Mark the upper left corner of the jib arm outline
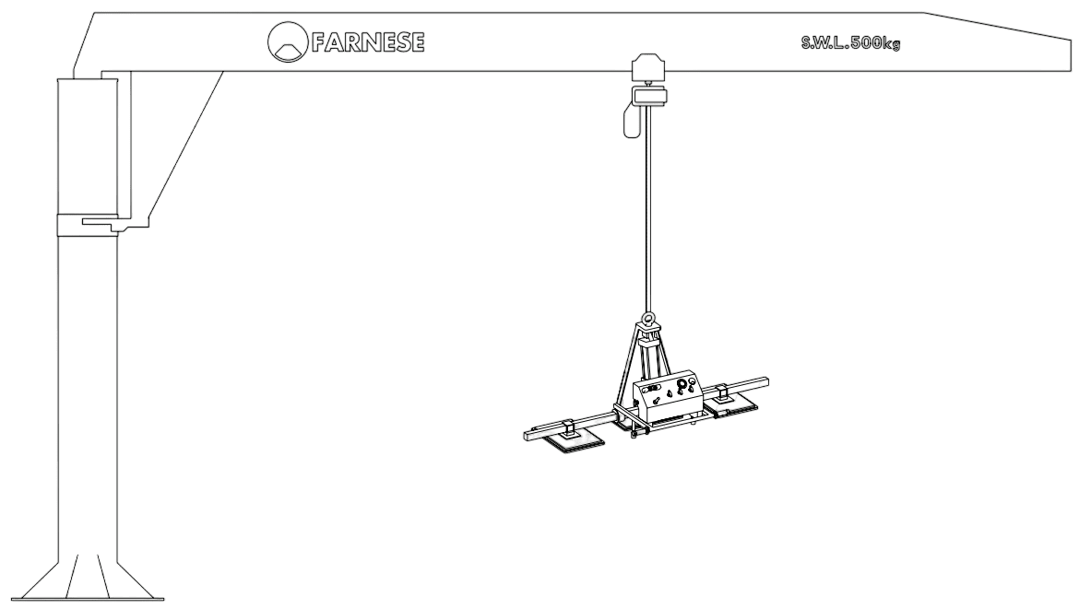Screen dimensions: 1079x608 [94, 12]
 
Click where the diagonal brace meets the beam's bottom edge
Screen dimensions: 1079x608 [224, 71]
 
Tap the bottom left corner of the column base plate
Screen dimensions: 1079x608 [20, 600]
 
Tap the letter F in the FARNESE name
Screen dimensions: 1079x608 [318, 42]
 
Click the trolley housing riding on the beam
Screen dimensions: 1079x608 [648, 68]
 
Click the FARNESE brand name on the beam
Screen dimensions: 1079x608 [367, 42]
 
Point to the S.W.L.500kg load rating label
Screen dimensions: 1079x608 [850, 43]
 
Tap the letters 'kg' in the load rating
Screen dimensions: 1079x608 [893, 44]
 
